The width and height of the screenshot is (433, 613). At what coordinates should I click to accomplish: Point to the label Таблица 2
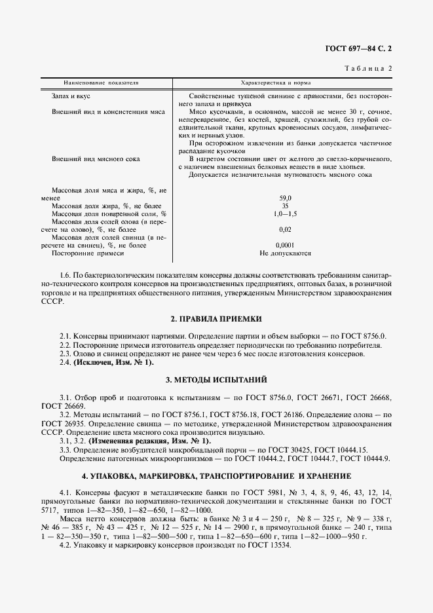point(367,68)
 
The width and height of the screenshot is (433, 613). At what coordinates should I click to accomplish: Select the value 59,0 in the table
point(285,198)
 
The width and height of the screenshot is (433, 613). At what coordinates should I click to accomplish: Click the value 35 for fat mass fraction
point(285,206)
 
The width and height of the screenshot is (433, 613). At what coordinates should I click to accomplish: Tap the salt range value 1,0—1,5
point(285,214)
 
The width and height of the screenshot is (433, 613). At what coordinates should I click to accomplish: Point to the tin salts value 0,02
point(285,229)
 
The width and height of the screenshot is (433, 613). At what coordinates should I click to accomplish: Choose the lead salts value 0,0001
point(285,245)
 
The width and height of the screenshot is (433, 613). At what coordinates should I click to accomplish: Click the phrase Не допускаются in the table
point(285,253)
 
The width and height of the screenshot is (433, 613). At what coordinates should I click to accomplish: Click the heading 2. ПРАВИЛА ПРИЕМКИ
point(216,319)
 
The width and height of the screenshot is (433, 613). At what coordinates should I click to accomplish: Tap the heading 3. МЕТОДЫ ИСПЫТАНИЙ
point(216,380)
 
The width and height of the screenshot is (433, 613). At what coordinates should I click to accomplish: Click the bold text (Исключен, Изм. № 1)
point(113,362)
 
